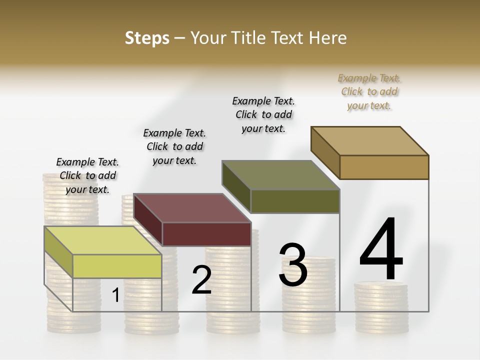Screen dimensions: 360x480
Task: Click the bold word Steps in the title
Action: coord(147,38)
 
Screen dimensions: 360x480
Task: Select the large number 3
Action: coord(293,264)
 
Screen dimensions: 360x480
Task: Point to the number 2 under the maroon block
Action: coord(201,280)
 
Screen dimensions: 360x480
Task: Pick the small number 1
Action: coord(115,295)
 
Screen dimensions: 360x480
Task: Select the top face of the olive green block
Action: coord(280,175)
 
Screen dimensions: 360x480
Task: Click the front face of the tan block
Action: coord(384,167)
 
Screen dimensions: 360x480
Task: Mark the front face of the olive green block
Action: coord(295,201)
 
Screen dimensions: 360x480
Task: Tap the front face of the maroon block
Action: coord(206,234)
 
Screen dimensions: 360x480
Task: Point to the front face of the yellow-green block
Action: coord(117,266)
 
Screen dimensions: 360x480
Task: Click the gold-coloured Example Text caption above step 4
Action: coord(369,91)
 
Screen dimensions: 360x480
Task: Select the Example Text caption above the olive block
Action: coord(263,114)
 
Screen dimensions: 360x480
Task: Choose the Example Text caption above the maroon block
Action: coord(174,146)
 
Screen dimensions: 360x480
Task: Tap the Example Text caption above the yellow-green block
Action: coord(87,175)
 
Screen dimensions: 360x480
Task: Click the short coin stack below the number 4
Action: coord(381,307)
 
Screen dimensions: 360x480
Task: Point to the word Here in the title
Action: coord(329,38)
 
